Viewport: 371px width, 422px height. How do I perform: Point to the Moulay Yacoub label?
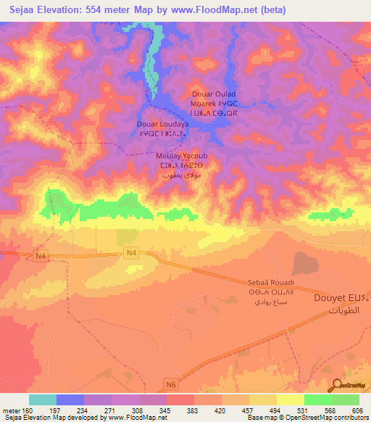coord(182,155)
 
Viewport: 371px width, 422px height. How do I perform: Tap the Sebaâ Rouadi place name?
coord(270,284)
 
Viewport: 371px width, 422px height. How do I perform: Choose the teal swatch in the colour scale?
coord(43,400)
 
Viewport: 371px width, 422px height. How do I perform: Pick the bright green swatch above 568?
coord(317,400)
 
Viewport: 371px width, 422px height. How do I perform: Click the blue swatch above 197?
coord(70,400)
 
